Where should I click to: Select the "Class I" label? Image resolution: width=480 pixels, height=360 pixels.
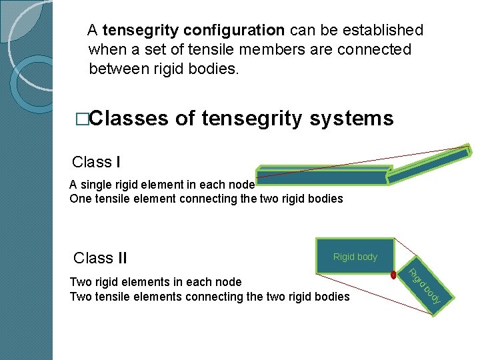(x=96, y=162)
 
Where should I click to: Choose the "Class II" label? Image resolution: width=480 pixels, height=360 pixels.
(x=100, y=258)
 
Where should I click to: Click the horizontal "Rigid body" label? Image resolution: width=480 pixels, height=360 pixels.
(x=355, y=257)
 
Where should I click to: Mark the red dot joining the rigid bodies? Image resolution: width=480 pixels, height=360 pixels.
(x=393, y=273)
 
